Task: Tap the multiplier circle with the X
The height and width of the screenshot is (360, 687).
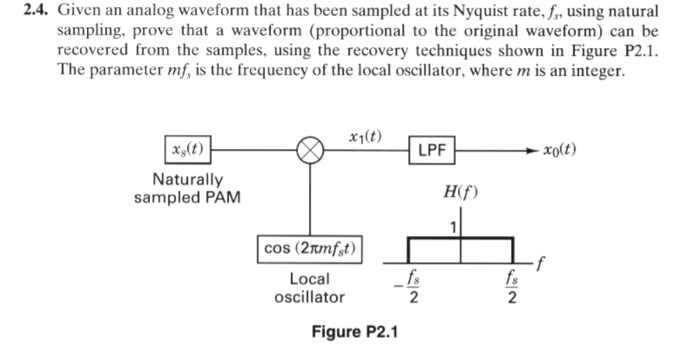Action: pos(310,148)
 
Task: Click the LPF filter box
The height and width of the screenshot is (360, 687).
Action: pos(432,149)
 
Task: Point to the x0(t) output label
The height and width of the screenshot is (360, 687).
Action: pos(561,150)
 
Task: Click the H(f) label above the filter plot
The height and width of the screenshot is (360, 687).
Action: pos(460,191)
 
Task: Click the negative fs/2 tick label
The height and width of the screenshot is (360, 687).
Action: pos(411,286)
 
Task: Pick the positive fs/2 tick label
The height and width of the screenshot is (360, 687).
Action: pos(512,286)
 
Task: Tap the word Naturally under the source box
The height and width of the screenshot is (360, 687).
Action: pos(187,180)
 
